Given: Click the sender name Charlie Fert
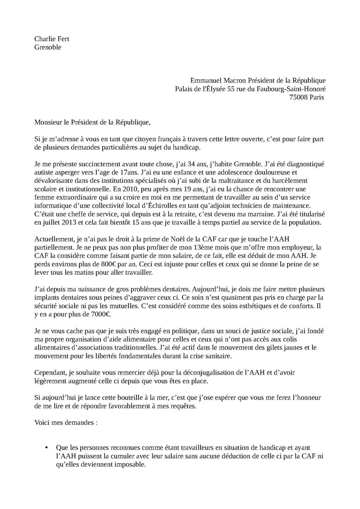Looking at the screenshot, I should [x=52, y=39].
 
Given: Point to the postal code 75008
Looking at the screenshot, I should [x=299, y=97].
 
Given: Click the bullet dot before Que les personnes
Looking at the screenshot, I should [x=47, y=447].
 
